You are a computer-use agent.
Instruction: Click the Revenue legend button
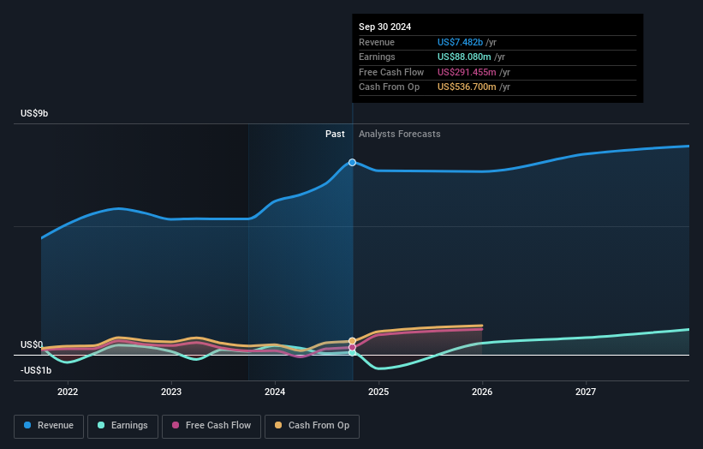click(x=50, y=425)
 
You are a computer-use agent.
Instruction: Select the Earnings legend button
click(x=122, y=425)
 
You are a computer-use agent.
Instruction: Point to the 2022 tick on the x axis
click(x=68, y=392)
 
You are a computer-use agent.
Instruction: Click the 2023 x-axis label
click(x=171, y=392)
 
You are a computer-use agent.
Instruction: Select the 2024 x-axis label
click(x=275, y=392)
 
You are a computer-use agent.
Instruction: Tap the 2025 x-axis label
click(x=378, y=392)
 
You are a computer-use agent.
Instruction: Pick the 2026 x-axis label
click(x=482, y=392)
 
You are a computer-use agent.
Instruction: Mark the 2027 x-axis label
click(x=586, y=392)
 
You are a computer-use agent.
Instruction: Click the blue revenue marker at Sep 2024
click(x=352, y=162)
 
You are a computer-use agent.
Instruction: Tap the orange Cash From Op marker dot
click(x=352, y=341)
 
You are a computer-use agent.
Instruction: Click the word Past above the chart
click(x=335, y=134)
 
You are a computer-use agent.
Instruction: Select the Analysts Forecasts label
click(x=400, y=134)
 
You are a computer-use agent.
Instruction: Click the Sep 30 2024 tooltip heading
click(x=384, y=27)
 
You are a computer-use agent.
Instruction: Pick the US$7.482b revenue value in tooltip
click(x=460, y=42)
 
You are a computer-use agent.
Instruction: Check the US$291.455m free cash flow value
click(x=467, y=72)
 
